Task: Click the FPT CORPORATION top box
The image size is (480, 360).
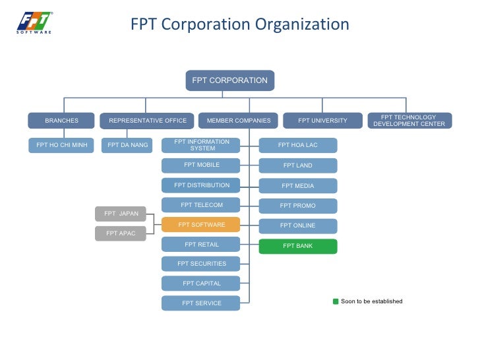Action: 229,80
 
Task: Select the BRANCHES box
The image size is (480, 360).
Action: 61,121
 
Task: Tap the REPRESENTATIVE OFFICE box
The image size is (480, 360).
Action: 147,121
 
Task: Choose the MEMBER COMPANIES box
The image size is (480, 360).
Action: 238,121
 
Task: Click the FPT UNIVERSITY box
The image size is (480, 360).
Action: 322,121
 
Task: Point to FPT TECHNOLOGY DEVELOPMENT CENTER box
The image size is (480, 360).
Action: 409,121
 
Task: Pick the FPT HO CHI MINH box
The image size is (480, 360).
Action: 61,145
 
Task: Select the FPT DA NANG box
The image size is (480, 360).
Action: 127,145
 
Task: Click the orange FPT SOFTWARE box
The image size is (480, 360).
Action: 201,225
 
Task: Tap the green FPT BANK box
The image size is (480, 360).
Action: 297,246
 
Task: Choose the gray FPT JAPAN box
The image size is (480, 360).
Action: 121,214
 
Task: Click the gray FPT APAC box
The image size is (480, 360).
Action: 121,233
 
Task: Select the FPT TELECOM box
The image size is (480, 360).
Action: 201,205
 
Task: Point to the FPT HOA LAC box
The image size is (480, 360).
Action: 297,145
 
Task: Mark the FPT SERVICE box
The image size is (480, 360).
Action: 201,303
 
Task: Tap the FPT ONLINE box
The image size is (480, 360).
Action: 297,225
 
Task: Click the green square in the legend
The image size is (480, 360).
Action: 336,301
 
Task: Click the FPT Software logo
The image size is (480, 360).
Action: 34,22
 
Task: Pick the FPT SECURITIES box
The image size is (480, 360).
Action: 201,264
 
